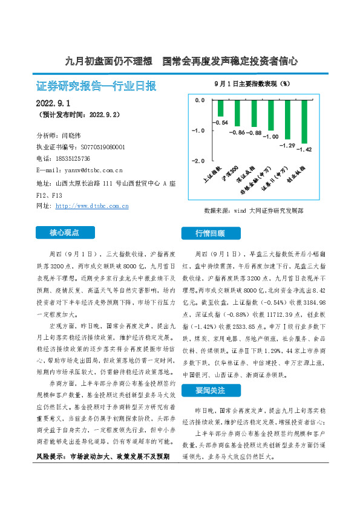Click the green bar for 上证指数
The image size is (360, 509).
pos(221,108)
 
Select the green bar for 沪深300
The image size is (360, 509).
pos(238,113)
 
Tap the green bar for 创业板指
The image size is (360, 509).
pos(305,122)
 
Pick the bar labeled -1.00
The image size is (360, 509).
pos(271,115)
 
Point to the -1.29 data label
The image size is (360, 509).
pos(287,146)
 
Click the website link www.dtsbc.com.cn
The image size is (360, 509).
pos(91,206)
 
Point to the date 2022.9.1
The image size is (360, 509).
pos(54,104)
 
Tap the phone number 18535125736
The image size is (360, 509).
pos(73,158)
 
